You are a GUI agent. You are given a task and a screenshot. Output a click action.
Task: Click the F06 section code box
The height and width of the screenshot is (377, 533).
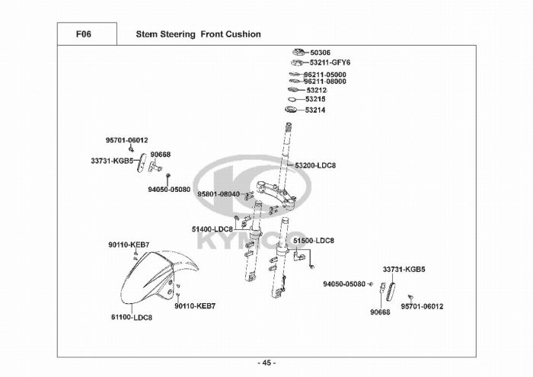click(x=87, y=34)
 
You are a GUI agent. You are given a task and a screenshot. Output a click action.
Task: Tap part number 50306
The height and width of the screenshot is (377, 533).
click(x=321, y=53)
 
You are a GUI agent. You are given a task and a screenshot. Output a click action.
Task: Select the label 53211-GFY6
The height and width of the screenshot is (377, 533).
click(x=330, y=62)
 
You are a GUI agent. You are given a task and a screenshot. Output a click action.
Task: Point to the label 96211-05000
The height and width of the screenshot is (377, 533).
click(x=325, y=75)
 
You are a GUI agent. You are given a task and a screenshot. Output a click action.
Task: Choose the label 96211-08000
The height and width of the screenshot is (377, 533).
click(x=325, y=81)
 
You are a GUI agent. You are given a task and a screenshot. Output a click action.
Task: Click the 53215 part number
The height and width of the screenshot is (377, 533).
click(x=315, y=99)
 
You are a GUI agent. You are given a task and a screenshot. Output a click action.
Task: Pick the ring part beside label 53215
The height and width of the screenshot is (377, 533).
click(x=292, y=100)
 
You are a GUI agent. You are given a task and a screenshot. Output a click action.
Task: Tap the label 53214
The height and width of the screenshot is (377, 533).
click(x=315, y=110)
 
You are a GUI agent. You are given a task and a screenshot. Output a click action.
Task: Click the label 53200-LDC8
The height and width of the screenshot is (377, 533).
click(x=315, y=165)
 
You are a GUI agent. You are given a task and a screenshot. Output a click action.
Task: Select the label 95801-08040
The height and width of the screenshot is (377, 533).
click(x=219, y=194)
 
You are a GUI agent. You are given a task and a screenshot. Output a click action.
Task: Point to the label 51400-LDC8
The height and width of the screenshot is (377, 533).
click(x=212, y=229)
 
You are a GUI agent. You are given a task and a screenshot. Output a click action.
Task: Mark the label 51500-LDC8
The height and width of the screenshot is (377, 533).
click(x=314, y=241)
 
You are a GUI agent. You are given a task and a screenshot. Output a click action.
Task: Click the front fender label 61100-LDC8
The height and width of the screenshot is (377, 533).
click(x=132, y=318)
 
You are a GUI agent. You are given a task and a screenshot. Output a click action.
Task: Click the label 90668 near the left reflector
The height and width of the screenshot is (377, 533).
click(x=161, y=155)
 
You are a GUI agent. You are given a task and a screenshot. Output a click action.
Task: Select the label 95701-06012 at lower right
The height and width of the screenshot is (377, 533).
click(x=422, y=307)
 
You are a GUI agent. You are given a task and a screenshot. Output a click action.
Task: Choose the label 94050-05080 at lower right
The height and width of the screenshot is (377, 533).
click(x=344, y=284)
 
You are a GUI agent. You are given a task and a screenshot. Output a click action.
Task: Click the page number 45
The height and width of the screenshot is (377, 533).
click(x=266, y=363)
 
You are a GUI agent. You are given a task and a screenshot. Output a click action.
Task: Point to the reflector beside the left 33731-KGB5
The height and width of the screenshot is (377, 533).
click(x=142, y=163)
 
